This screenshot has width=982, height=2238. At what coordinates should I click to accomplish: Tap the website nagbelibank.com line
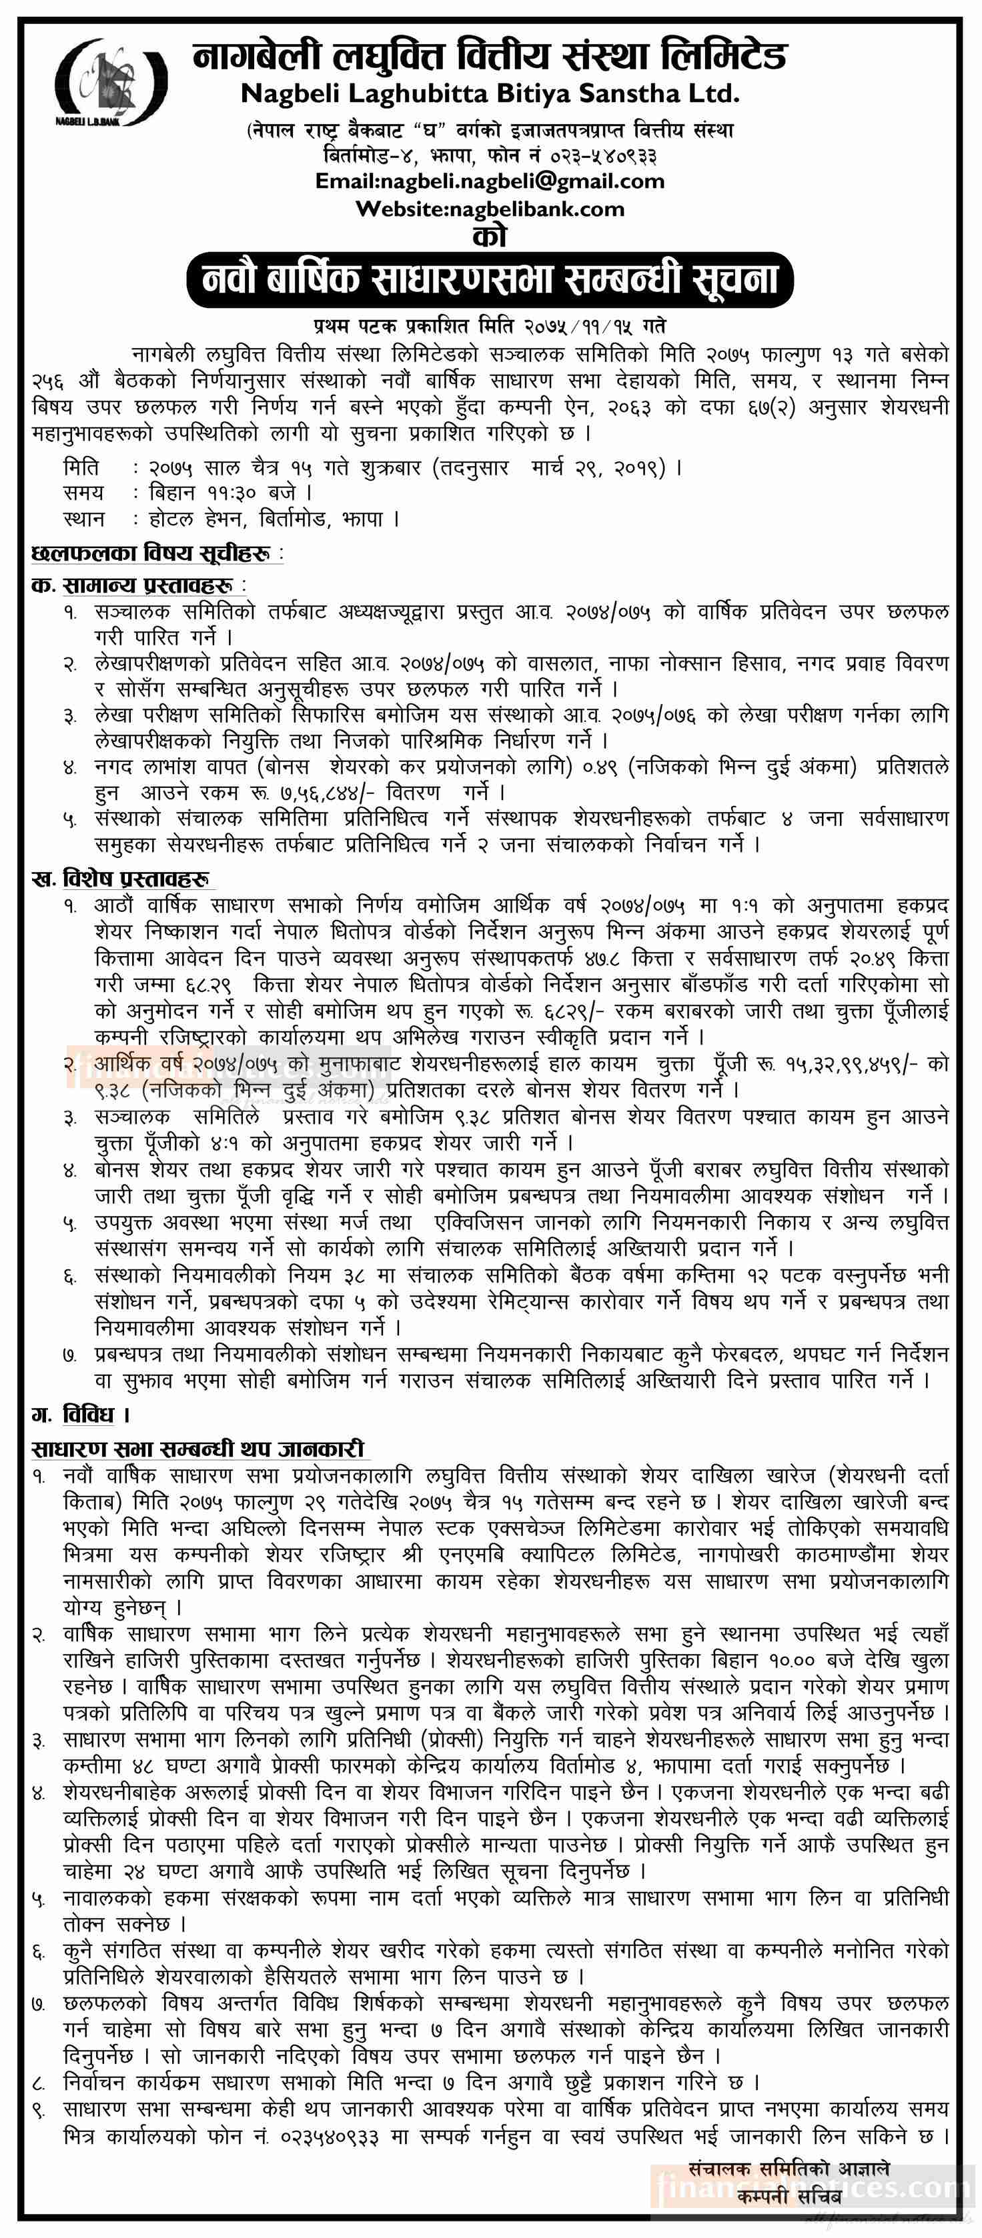pos(489,209)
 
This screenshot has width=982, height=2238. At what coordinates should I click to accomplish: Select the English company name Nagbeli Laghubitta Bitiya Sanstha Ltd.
pos(489,93)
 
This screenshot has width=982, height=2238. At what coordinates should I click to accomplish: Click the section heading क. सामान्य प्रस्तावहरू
pos(139,585)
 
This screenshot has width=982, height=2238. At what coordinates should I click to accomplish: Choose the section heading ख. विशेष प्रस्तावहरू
pos(121,879)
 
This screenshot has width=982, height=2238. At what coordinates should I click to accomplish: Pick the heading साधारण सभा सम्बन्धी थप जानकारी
pos(197,1449)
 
